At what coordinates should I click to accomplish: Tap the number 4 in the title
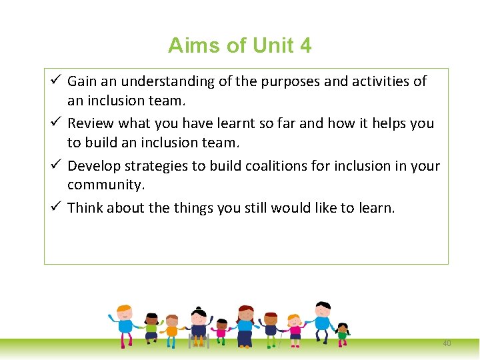click(305, 45)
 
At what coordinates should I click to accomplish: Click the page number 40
click(447, 343)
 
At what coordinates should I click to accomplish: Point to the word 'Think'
click(85, 207)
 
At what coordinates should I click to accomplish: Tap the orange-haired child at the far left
click(125, 323)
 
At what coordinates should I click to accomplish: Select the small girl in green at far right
click(343, 333)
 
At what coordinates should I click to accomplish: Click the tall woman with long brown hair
click(245, 324)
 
